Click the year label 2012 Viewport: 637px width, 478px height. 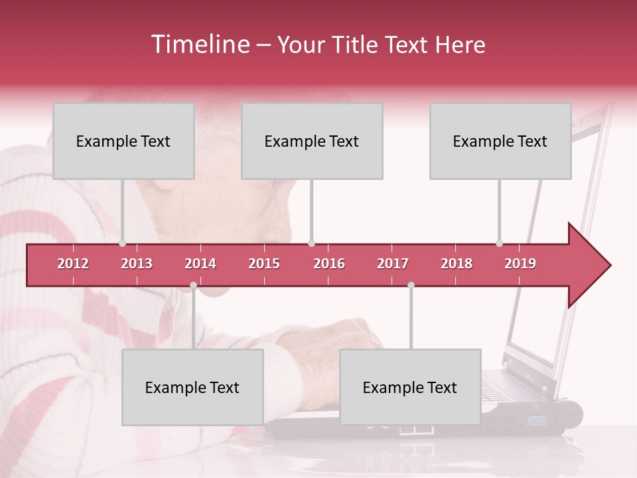click(73, 264)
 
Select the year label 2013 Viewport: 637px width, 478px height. click(137, 264)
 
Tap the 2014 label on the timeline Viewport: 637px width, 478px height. click(200, 264)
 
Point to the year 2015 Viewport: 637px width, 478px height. click(264, 264)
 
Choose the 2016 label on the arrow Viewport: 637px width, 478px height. click(329, 264)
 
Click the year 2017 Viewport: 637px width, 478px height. click(393, 264)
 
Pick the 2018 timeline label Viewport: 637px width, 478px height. click(457, 264)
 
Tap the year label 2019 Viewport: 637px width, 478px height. click(520, 264)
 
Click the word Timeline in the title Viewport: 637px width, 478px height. click(199, 44)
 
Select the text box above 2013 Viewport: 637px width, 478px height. click(123, 141)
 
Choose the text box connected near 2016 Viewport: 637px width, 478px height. click(312, 141)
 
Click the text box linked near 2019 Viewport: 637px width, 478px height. click(500, 141)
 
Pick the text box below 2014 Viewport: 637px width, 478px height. click(192, 387)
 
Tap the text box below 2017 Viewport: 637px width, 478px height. click(410, 387)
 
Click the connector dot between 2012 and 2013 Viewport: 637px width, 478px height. click(123, 244)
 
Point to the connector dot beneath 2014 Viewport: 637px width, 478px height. click(193, 285)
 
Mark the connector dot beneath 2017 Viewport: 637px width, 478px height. click(411, 285)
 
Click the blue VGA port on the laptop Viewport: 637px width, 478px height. click(535, 420)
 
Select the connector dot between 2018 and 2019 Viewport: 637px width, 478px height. click(499, 244)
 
